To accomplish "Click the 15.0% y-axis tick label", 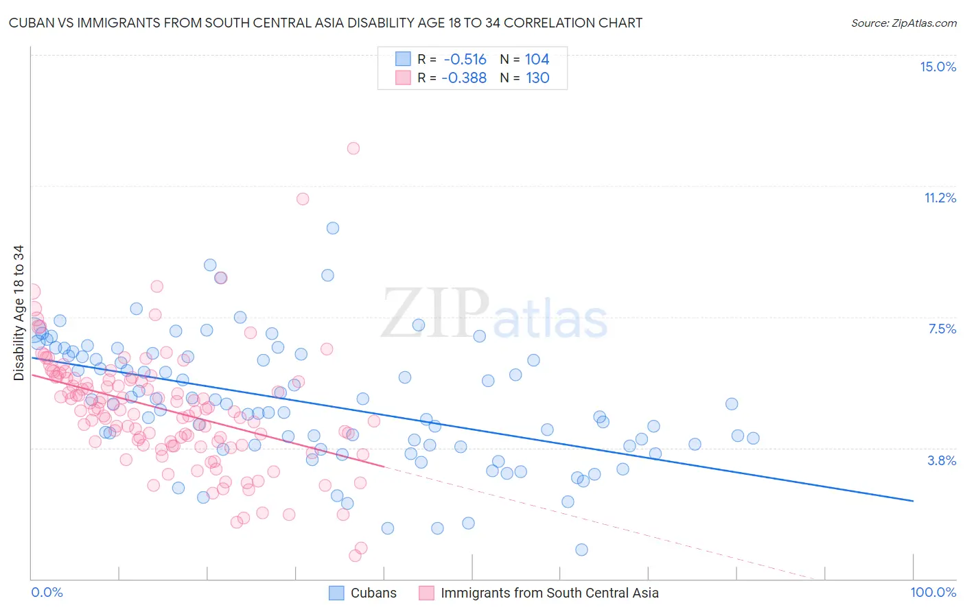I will pos(938,67).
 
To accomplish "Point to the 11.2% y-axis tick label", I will pos(940,198).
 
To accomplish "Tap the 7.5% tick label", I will pos(942,329).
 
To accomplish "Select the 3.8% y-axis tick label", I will pos(942,460).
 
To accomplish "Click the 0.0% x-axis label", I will pos(47,592).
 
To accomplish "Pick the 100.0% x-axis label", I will pos(933,592).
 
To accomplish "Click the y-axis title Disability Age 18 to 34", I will pos(19,313).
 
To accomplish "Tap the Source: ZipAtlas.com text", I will pos(903,23).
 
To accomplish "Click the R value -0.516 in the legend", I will pos(464,59).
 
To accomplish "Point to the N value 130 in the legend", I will pos(537,78).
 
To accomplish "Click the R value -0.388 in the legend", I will pos(464,78).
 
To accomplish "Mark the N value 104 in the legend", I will pos(537,59).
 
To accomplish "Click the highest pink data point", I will pos(353,148).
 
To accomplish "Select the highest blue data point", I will pos(333,228).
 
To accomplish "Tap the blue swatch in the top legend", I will pos(403,59).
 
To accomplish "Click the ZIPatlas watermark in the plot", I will pos(494,316).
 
